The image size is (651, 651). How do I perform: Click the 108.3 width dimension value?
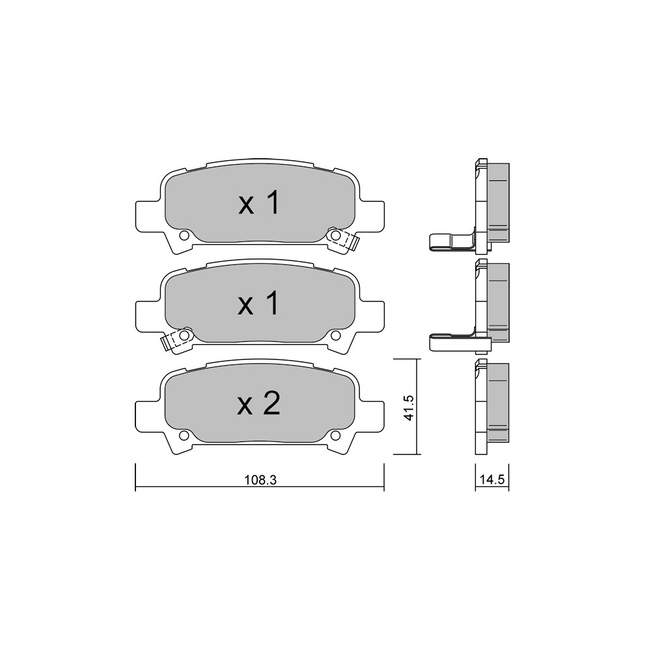point(260,480)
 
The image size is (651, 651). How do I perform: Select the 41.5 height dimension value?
point(409,408)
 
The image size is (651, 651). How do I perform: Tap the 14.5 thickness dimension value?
point(492,480)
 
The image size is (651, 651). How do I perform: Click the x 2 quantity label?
point(258,404)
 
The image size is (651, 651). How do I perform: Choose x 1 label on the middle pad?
point(258,303)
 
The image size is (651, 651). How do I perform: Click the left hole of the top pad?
point(184,236)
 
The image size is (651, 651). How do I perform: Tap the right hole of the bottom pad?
point(335,435)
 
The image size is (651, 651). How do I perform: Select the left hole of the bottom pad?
point(184,435)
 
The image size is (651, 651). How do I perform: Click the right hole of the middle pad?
point(335,335)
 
